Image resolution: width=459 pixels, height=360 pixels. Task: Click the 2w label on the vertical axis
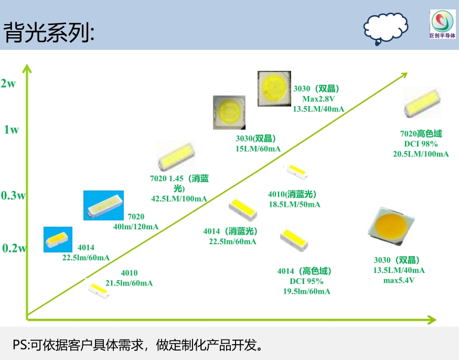(x=8, y=83)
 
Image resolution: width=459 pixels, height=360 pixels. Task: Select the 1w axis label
(x=11, y=130)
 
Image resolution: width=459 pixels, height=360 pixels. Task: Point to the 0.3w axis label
(x=13, y=196)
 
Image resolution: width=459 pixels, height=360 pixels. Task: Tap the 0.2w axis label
(x=13, y=248)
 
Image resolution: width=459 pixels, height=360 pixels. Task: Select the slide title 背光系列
(x=49, y=33)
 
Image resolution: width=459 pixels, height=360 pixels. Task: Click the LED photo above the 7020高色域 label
(x=422, y=103)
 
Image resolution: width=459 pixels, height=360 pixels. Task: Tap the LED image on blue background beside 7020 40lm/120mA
(x=103, y=205)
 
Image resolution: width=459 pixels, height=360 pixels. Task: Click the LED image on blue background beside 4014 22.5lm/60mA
(x=57, y=239)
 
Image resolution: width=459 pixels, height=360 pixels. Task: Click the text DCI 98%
(x=421, y=144)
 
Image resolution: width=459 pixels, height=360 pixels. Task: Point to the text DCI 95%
(x=304, y=281)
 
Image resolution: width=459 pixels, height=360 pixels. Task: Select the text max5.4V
(x=399, y=280)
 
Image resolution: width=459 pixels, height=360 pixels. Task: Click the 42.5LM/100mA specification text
(x=179, y=199)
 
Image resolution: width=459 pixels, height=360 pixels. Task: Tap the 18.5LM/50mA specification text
(x=294, y=204)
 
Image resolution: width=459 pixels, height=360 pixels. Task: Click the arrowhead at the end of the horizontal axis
(x=431, y=319)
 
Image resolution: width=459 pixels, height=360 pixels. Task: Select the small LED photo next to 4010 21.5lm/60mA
(x=99, y=289)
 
